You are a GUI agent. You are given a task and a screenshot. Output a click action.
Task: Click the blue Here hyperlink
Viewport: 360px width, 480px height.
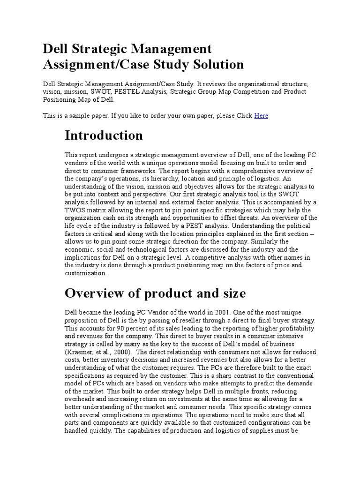click(261, 115)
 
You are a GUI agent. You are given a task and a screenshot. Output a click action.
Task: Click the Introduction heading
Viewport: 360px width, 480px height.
click(104, 135)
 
